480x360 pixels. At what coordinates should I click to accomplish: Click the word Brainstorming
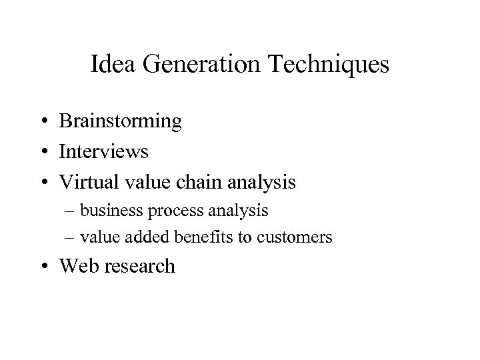tap(120, 121)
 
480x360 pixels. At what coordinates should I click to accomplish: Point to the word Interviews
tap(104, 151)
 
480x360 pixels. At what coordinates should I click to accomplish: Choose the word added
tap(141, 237)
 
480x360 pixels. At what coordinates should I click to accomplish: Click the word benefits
tap(190, 237)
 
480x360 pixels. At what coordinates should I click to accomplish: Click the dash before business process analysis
tap(71, 212)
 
